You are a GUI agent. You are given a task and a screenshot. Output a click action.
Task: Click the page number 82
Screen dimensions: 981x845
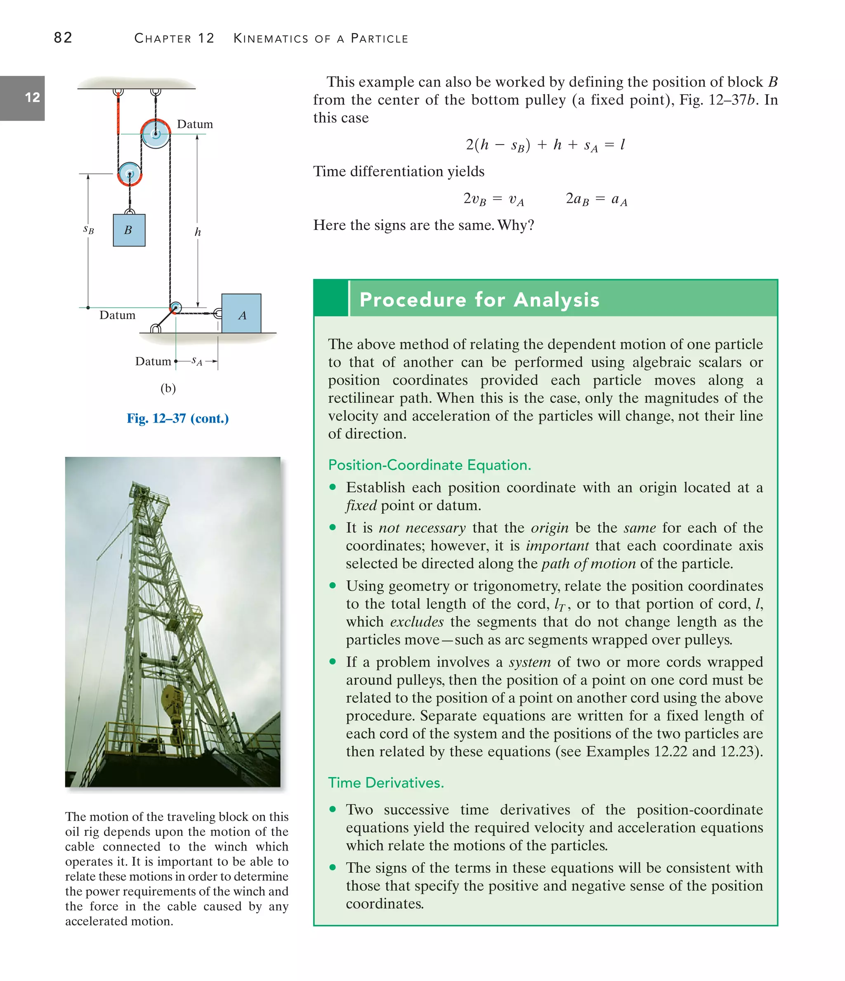[x=63, y=38]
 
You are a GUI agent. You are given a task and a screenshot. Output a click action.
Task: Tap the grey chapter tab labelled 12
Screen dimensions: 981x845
[x=22, y=98]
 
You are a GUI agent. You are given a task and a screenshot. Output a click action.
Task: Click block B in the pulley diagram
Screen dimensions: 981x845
[x=129, y=230]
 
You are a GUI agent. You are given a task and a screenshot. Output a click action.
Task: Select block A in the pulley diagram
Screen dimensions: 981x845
[x=241, y=313]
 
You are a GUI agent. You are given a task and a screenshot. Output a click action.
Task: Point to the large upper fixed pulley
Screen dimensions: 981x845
[x=155, y=134]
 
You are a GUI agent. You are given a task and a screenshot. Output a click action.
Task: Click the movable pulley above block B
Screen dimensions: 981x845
[x=129, y=174]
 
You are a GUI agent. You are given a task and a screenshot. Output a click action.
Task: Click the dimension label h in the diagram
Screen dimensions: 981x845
[x=198, y=232]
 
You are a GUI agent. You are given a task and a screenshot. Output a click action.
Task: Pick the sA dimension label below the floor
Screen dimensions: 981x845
[x=197, y=362]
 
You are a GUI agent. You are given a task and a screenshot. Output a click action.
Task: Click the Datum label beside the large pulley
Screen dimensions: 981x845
[x=195, y=124]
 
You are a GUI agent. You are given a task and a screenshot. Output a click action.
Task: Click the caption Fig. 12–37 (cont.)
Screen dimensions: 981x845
[x=177, y=418]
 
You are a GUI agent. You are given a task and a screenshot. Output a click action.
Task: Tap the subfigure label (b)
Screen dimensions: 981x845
[x=168, y=388]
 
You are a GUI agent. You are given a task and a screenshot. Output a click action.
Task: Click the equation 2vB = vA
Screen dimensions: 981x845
[x=493, y=199]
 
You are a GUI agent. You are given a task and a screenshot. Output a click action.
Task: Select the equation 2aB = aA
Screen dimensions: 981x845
[x=597, y=199]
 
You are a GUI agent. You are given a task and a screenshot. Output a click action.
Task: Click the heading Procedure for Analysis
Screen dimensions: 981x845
[x=479, y=300]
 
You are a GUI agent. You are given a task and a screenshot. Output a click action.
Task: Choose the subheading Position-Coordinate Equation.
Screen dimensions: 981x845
[x=430, y=465]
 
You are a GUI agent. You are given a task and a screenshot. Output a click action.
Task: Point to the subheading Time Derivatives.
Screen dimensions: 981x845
[x=386, y=782]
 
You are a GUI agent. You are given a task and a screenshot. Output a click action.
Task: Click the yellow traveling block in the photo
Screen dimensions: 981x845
[x=171, y=701]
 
